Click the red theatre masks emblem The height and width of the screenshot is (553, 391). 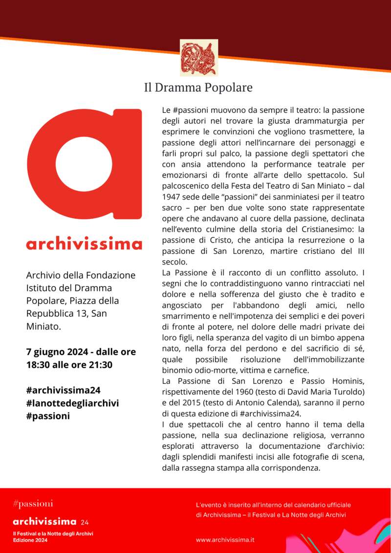point(198,58)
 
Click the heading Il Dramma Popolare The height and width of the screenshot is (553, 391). point(198,88)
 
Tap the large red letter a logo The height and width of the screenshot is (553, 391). point(84,164)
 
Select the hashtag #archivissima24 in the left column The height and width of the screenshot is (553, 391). point(64,390)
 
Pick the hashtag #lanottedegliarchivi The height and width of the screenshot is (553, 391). point(72,403)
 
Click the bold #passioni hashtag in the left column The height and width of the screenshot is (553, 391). point(48,416)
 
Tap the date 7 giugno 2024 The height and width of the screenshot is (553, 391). point(58,352)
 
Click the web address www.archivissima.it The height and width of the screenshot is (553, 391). point(225,540)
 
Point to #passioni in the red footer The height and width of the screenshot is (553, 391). point(33,504)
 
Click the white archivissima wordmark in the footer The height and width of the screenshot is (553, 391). point(44,521)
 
